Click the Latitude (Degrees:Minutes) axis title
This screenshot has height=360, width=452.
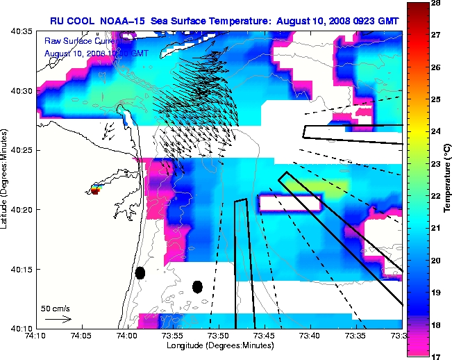(x=6, y=179)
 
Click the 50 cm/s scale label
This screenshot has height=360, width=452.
(x=54, y=308)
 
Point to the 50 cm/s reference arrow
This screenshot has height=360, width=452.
(x=58, y=319)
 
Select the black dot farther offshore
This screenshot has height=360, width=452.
(x=197, y=286)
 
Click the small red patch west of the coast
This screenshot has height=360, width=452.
(x=95, y=191)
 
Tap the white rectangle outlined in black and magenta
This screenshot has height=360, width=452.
(x=290, y=203)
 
